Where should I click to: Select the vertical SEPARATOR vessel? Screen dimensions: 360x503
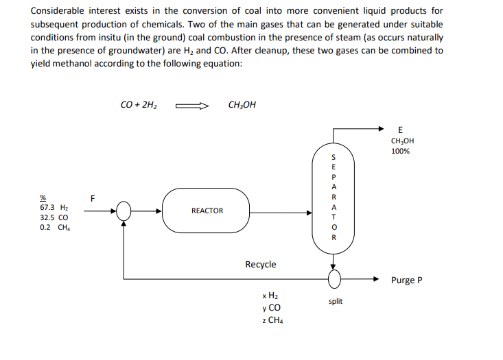[334, 198]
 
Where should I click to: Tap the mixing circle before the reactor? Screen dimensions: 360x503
[124, 211]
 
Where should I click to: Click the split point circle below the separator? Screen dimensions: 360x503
[334, 279]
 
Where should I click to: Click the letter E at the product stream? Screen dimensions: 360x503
[401, 130]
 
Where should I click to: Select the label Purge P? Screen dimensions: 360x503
[407, 280]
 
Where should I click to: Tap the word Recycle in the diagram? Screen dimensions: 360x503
[261, 264]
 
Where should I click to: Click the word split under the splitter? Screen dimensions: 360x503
[335, 301]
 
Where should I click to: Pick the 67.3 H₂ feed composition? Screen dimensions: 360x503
[54, 207]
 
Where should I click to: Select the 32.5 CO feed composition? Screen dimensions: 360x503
[54, 217]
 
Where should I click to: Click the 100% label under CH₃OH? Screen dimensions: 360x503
[401, 152]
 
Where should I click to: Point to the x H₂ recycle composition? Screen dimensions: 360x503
[268, 296]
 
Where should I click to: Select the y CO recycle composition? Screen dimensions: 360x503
[268, 307]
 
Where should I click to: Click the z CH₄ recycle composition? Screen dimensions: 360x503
[270, 320]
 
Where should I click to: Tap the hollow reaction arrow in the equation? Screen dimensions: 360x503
[191, 106]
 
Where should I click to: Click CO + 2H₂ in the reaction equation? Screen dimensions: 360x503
[139, 105]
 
